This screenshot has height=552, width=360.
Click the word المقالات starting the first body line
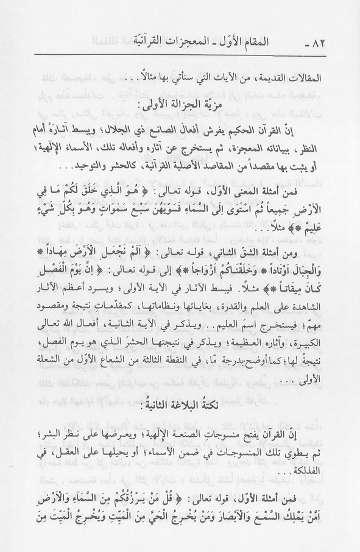click(x=310, y=79)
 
